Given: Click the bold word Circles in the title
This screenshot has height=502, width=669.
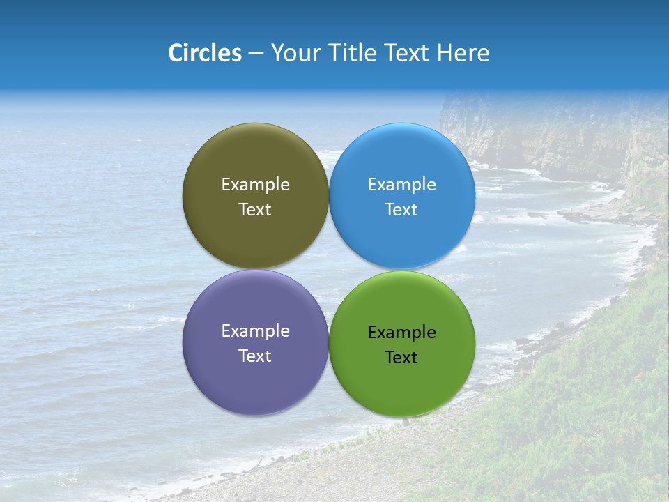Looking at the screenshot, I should click(204, 53).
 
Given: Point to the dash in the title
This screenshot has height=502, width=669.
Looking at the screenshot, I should click(256, 54).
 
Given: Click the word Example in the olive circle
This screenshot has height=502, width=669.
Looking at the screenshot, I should click(255, 184).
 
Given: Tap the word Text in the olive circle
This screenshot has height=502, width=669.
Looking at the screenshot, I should click(255, 209).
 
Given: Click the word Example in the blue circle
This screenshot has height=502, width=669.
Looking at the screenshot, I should click(401, 184).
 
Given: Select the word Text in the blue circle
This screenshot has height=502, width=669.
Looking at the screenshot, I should click(401, 209).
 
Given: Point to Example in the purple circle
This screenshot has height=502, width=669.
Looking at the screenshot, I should click(255, 330).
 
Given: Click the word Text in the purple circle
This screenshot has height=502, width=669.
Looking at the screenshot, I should click(255, 356).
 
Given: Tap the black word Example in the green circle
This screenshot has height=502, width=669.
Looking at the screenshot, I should click(401, 332).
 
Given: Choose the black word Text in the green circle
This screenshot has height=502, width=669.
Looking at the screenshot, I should click(401, 357).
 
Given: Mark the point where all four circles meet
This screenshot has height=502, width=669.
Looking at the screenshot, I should click(328, 269).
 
